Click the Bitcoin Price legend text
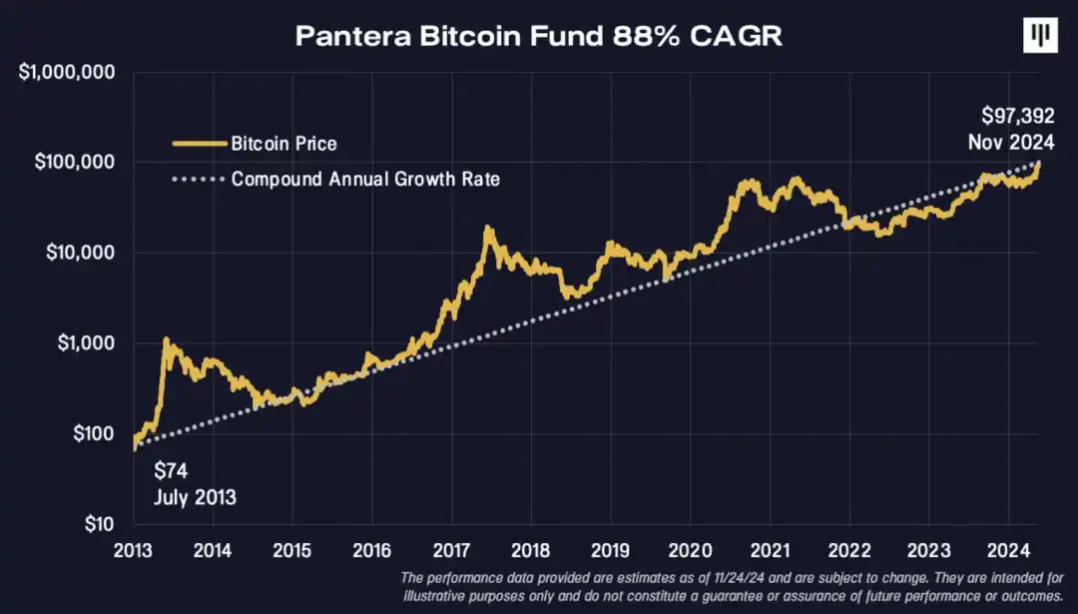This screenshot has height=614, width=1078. [x=284, y=144]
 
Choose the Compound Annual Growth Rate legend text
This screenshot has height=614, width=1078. [x=365, y=180]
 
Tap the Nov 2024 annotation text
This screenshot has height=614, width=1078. [x=1011, y=143]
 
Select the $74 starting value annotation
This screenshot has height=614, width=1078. [x=172, y=471]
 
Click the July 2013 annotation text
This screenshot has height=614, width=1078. [x=195, y=496]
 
